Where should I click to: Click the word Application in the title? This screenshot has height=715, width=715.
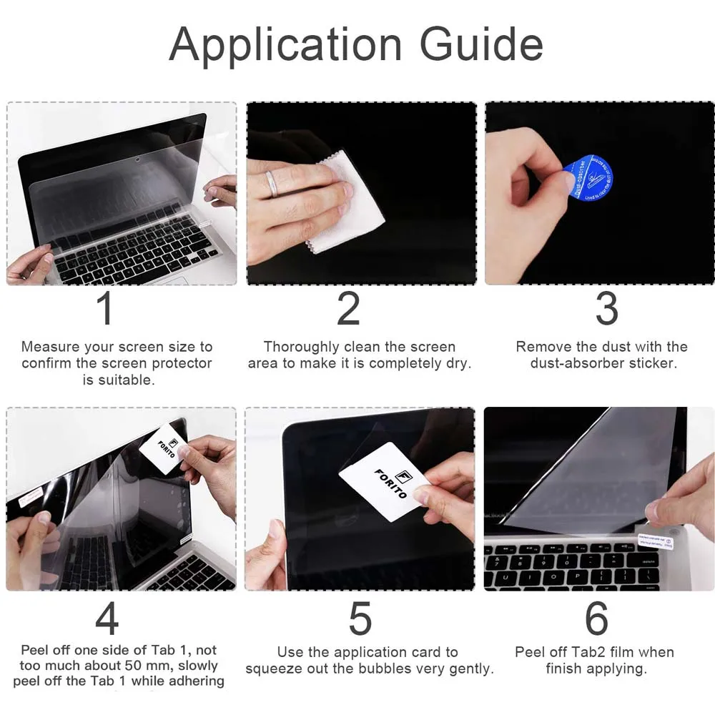coord(285,45)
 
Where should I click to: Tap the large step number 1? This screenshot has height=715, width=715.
coord(105,308)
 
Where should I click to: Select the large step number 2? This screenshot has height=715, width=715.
coord(348,308)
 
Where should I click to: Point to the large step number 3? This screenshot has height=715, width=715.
coord(606,308)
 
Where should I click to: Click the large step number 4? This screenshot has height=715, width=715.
coord(107,618)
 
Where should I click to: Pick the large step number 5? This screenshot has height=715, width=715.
coord(360,618)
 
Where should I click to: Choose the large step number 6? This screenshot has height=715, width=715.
coord(596,618)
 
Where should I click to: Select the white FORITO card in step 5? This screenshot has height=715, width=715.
coord(381,480)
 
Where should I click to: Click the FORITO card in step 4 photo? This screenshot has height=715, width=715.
coord(163,447)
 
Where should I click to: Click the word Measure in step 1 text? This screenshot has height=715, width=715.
coord(51,347)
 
